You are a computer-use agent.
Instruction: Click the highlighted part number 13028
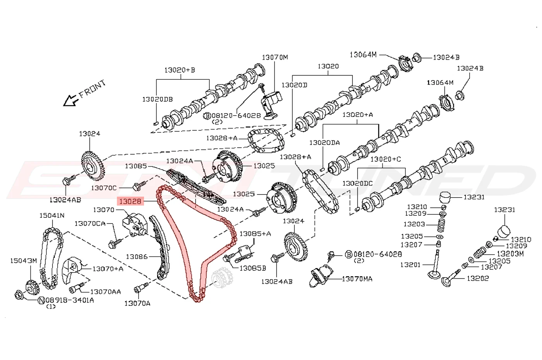click(x=130, y=201)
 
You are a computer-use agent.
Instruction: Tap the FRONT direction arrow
click(x=70, y=100)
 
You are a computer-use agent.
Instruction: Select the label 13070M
click(x=275, y=57)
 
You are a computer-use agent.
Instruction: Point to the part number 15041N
click(x=52, y=215)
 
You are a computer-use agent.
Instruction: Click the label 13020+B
click(x=180, y=70)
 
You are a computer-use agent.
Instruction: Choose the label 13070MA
click(x=357, y=279)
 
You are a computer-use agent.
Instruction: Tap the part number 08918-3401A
click(x=70, y=300)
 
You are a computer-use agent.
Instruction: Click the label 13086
click(x=137, y=256)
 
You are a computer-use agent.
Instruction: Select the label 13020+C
click(x=386, y=159)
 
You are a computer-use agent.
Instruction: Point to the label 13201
click(x=411, y=265)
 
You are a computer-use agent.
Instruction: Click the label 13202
click(x=478, y=278)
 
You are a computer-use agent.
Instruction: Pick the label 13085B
click(x=252, y=268)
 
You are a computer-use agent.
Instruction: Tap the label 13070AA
click(x=105, y=292)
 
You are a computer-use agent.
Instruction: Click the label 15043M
click(x=24, y=261)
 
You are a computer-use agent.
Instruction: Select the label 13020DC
click(x=357, y=183)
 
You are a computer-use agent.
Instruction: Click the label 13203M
click(x=510, y=254)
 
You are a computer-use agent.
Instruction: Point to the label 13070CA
click(x=90, y=223)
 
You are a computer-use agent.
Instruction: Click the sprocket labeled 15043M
click(x=32, y=287)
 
